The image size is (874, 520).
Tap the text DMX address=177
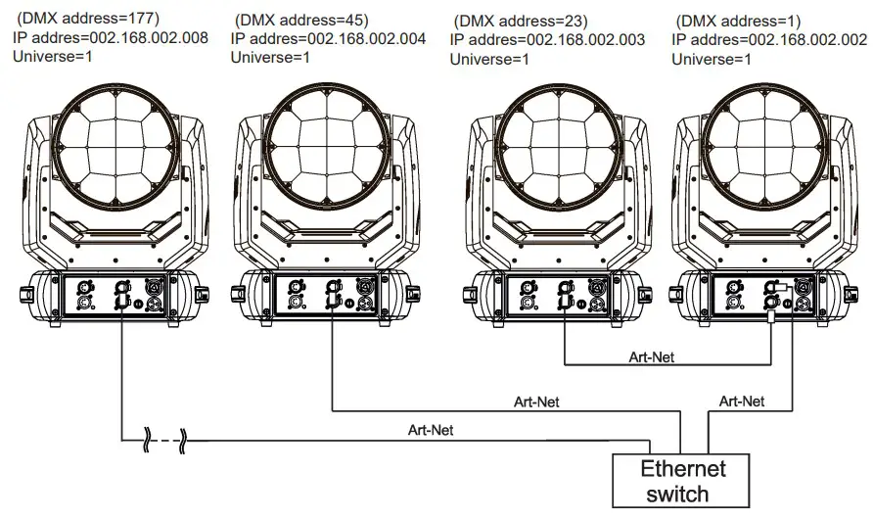click(89, 18)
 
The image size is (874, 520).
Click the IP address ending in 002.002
click(769, 38)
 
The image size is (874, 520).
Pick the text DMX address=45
click(302, 20)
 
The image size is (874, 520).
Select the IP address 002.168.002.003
click(547, 38)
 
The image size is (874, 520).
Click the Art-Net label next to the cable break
click(431, 429)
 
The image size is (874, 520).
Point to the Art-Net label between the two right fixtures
click(651, 357)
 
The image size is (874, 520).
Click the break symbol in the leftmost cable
click(163, 441)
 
